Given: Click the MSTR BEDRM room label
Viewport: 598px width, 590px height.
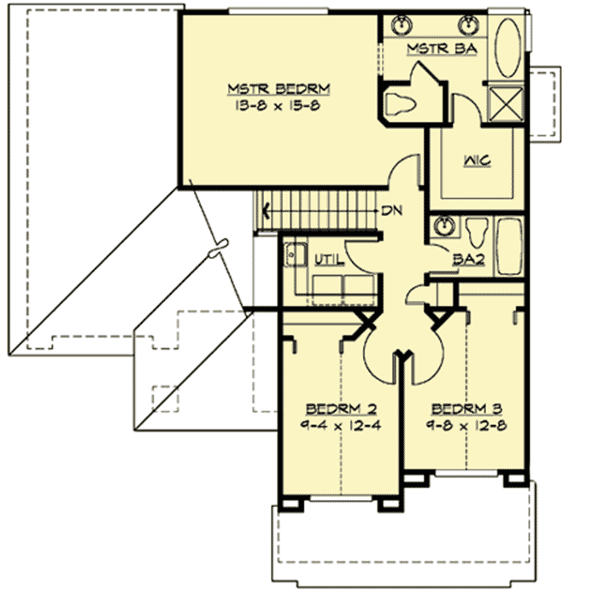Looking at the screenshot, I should point(278,88).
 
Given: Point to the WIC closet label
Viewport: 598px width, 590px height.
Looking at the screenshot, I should point(477,161).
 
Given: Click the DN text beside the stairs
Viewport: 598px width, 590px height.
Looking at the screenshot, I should point(392,210).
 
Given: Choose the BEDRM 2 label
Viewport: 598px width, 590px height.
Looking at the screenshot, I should point(337,407).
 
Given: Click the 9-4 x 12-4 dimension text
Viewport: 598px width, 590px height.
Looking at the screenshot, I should point(337,424).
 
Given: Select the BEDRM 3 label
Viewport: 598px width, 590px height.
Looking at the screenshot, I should point(461,407).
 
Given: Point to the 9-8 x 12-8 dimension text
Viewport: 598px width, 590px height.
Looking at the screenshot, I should point(461,424).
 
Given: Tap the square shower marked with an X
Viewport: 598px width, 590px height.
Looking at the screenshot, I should point(505,108).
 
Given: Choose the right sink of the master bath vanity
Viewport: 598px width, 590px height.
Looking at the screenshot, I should point(468,22).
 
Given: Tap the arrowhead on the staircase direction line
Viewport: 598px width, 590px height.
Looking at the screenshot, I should point(267,209).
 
